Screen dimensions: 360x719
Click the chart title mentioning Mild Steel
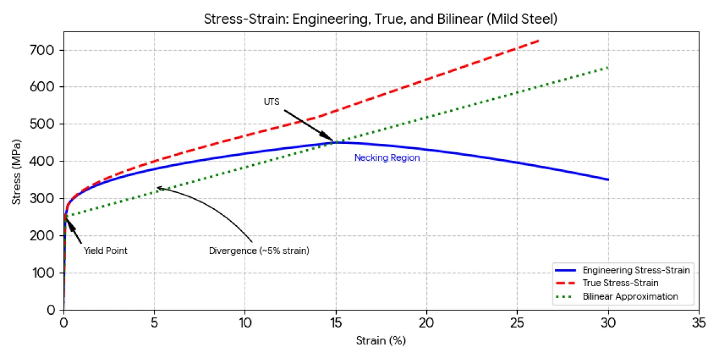pyautogui.click(x=380, y=19)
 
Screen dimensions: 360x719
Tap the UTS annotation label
pyautogui.click(x=271, y=102)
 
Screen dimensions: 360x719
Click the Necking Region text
pyautogui.click(x=387, y=158)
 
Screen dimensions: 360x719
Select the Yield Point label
pyautogui.click(x=105, y=251)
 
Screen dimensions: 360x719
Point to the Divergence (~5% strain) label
pyautogui.click(x=259, y=251)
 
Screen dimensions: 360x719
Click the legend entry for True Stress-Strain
pyautogui.click(x=620, y=283)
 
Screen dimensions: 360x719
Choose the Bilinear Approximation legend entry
pyautogui.click(x=630, y=296)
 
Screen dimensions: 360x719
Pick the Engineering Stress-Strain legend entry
pyautogui.click(x=636, y=270)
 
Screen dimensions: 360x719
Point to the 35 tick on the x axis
pyautogui.click(x=699, y=323)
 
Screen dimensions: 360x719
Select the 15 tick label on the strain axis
pyautogui.click(x=336, y=323)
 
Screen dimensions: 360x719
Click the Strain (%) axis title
pyautogui.click(x=381, y=341)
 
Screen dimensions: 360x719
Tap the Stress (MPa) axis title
pyautogui.click(x=17, y=170)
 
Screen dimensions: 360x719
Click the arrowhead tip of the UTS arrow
pyautogui.click(x=334, y=141)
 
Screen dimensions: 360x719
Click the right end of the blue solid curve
pyautogui.click(x=608, y=179)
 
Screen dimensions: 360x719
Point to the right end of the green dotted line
pyautogui.click(x=608, y=67)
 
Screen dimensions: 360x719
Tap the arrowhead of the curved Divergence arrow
pyautogui.click(x=157, y=187)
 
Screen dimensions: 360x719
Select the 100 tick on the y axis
pyautogui.click(x=46, y=273)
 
